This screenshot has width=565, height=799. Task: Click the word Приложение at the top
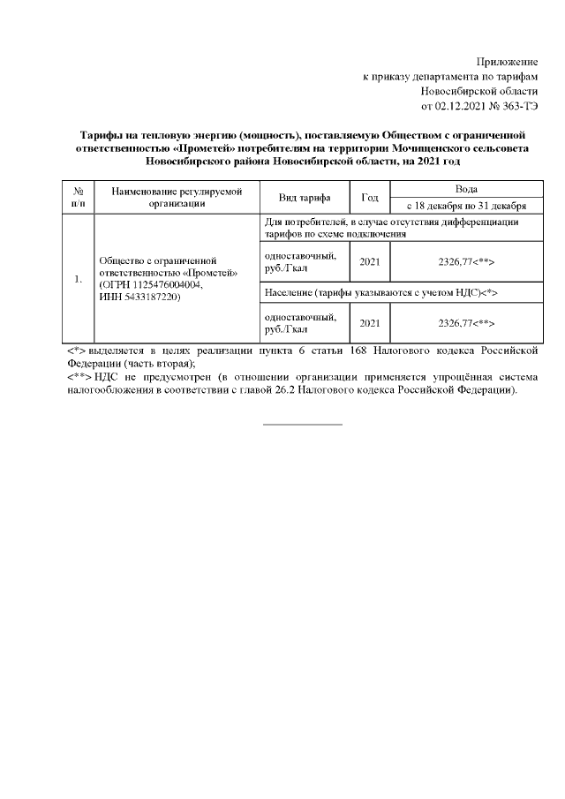(507, 61)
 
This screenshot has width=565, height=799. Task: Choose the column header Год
(369, 197)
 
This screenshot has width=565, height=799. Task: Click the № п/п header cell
(78, 197)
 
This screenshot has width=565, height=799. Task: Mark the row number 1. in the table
(78, 280)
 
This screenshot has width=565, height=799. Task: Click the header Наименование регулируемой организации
(177, 197)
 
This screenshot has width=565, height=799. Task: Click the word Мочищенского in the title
(395, 149)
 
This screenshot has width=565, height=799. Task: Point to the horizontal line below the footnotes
(303, 425)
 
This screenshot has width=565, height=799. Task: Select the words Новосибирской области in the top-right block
(479, 91)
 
